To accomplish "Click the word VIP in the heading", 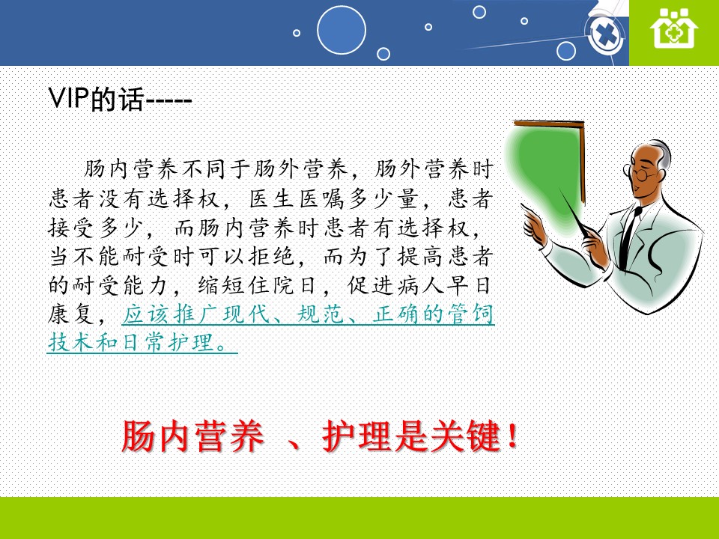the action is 69,97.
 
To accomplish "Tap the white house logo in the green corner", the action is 673,28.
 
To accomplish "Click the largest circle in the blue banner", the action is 342,30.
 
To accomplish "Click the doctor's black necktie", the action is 628,238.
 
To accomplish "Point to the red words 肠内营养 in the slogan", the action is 192,436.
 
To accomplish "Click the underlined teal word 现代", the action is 246,314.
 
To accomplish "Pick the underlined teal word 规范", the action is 321,314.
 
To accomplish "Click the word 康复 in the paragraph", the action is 72,314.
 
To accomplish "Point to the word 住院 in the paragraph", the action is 271,285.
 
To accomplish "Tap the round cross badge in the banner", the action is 606,34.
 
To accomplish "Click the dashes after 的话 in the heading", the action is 168,100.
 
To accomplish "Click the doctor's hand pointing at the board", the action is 533,223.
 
